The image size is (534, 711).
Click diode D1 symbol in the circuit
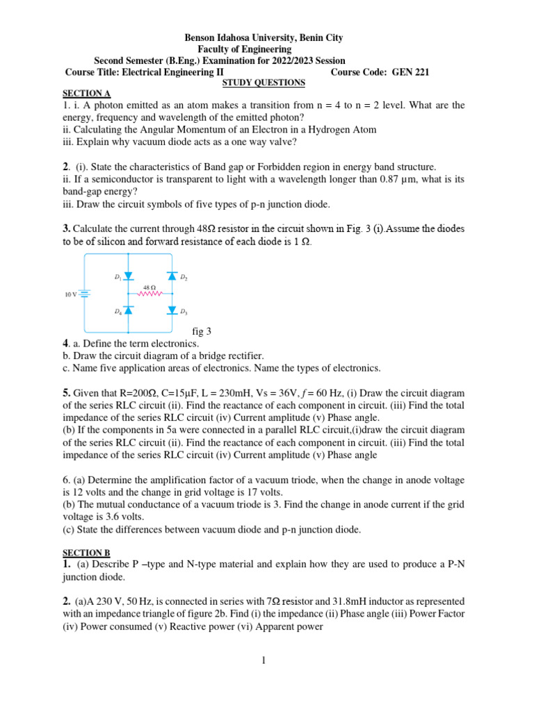point(128,276)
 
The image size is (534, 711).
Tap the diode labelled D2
point(172,276)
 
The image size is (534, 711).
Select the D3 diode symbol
point(172,310)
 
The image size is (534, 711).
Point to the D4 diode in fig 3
point(128,310)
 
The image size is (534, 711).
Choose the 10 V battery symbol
point(83,294)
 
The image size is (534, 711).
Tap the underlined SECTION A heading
point(81,93)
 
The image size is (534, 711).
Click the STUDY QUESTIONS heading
point(263,83)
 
